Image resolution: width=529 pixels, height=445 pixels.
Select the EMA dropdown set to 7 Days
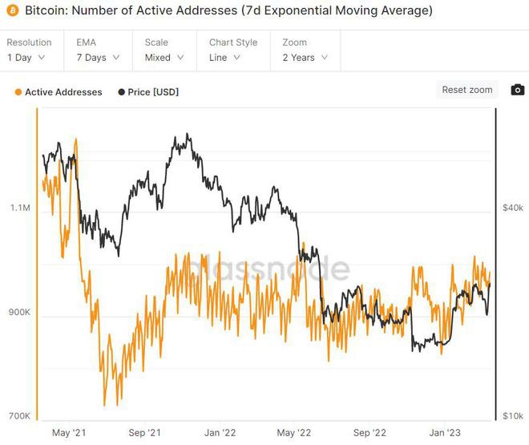tap(96, 58)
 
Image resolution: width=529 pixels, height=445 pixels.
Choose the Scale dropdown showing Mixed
tap(164, 58)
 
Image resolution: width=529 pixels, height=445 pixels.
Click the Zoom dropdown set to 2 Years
tap(304, 58)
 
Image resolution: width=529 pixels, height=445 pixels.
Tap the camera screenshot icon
tap(518, 90)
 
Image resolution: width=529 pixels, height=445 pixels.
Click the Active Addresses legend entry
tap(58, 92)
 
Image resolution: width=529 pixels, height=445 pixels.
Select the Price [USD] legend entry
tap(148, 92)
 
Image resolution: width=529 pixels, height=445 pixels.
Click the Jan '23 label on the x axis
tap(446, 433)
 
